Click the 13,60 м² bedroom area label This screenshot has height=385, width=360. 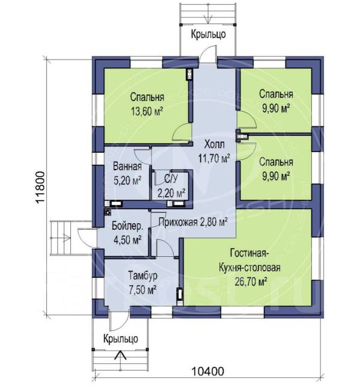[x=147, y=112]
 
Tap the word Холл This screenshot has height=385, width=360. [x=215, y=144]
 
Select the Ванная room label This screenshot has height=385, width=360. [x=127, y=167]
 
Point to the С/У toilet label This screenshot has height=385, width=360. [x=171, y=179]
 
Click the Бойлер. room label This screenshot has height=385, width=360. [x=127, y=226]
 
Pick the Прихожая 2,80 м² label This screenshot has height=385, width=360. [x=192, y=222]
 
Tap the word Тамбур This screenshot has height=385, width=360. [x=142, y=276]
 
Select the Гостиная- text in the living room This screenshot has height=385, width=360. [x=249, y=253]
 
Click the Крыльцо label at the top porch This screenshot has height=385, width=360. [x=208, y=34]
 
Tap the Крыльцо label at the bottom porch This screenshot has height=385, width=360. [x=120, y=339]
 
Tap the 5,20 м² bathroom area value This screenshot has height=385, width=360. [x=127, y=181]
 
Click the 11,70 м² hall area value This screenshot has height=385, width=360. [x=215, y=159]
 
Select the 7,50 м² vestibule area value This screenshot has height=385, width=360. [x=142, y=291]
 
